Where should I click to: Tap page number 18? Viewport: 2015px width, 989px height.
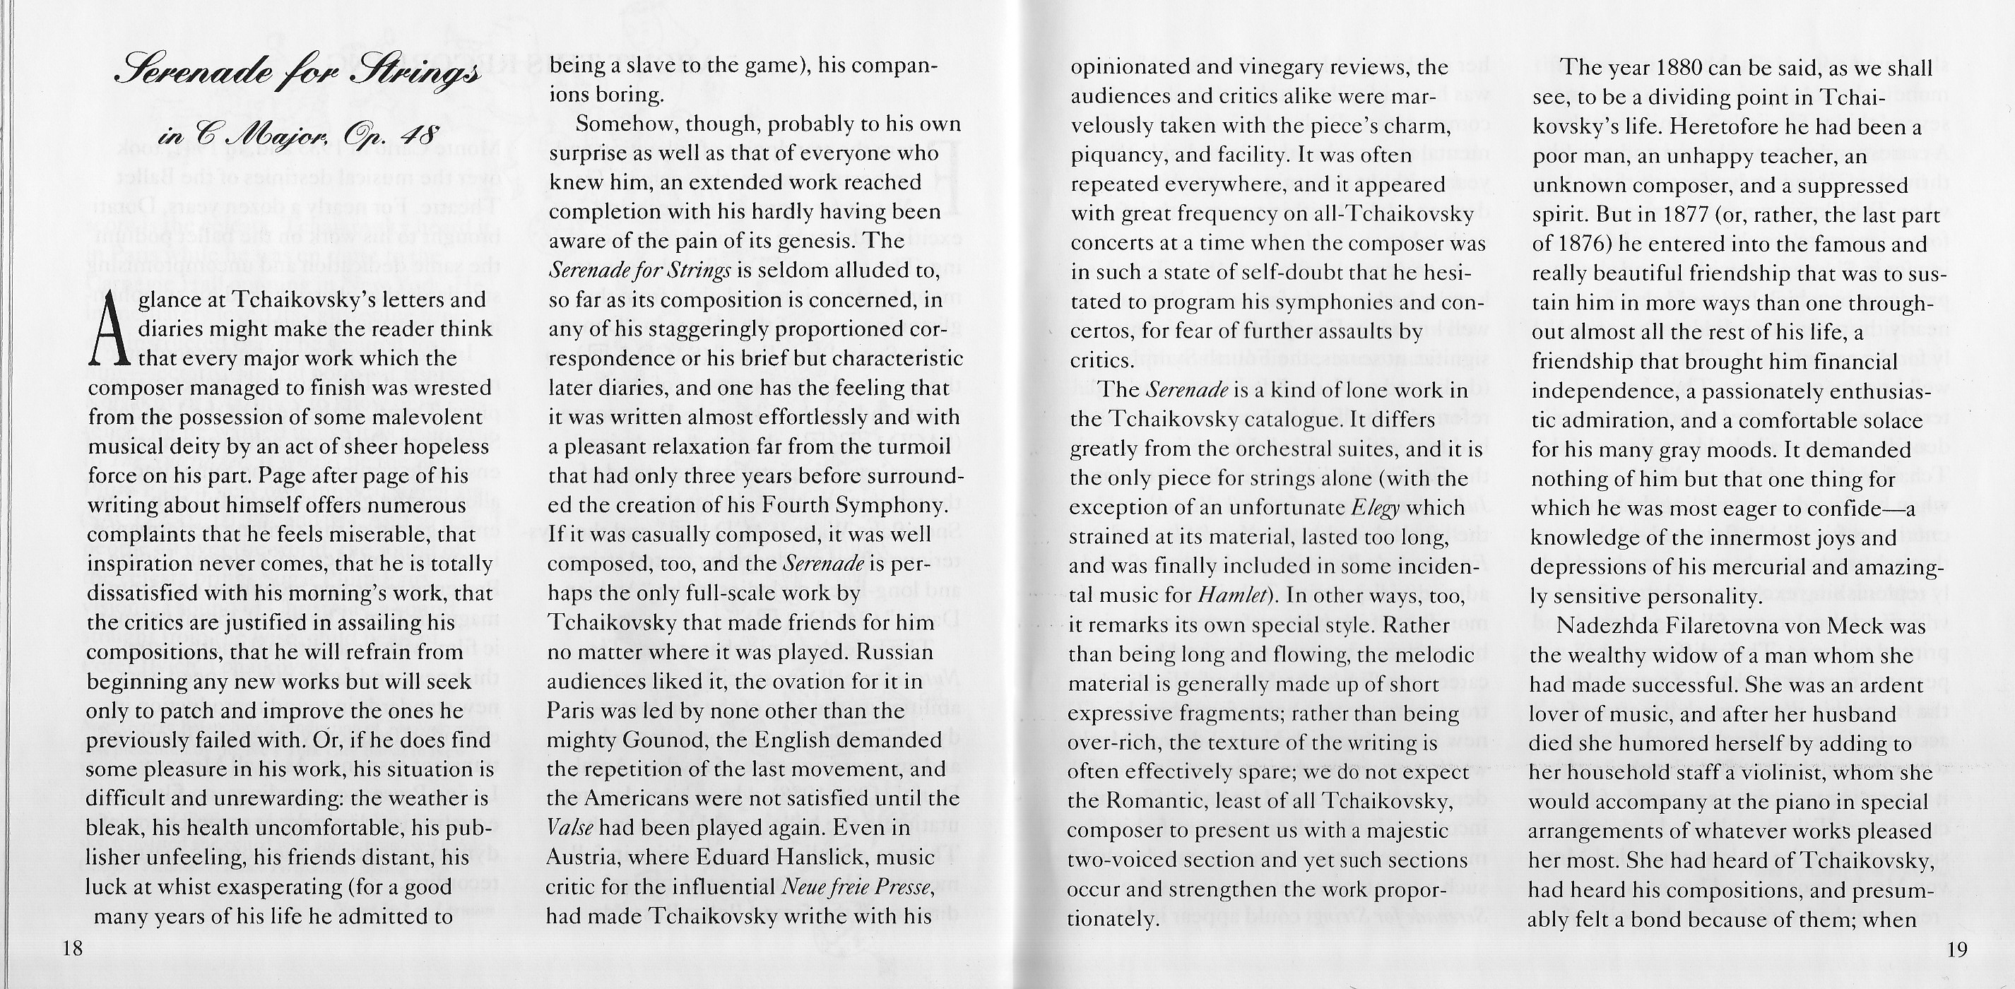72,949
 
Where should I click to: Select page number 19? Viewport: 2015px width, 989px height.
1957,949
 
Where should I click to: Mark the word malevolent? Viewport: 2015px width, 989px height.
422,417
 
